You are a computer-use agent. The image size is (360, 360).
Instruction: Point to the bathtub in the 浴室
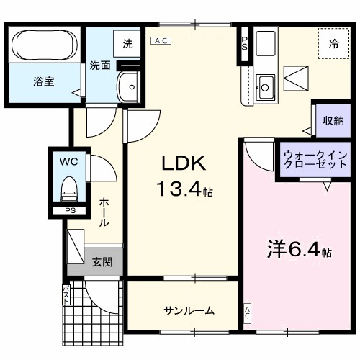[x=42, y=45]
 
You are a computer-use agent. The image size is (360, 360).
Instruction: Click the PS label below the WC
[x=70, y=210]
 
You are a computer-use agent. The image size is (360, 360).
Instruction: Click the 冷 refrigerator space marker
[x=334, y=44]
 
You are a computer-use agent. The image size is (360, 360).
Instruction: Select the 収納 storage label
[x=333, y=120]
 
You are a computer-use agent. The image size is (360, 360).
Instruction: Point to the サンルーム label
[x=189, y=311]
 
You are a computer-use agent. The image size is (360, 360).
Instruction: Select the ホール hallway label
[x=104, y=213]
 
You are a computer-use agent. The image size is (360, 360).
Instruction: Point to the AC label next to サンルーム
[x=247, y=312]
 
